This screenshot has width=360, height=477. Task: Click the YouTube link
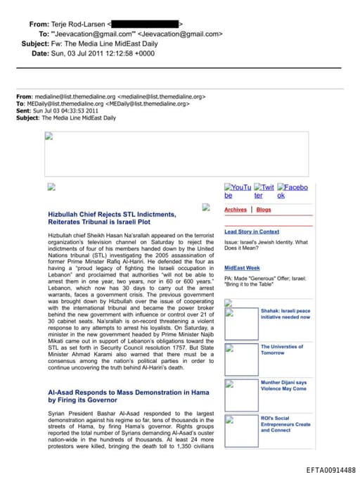click(238, 191)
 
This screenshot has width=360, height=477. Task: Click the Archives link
click(236, 210)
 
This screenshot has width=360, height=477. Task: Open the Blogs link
click(264, 210)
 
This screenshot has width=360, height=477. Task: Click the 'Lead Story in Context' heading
click(252, 231)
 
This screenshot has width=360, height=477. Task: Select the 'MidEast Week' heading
click(242, 268)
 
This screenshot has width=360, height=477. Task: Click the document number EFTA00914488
click(331, 470)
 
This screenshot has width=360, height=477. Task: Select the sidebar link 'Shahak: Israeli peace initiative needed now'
click(285, 313)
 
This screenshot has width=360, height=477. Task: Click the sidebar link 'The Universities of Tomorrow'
click(282, 350)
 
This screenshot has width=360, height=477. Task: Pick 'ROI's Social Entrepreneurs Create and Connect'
click(285, 424)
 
